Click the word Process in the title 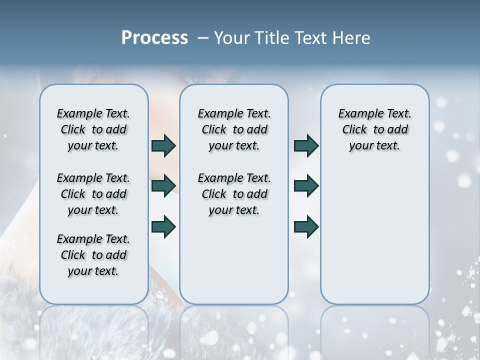pos(154,37)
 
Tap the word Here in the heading pos(352,38)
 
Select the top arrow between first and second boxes pos(163,146)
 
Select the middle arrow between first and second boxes pos(163,186)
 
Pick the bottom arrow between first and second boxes pos(163,227)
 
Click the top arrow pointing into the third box pos(306,146)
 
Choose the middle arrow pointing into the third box pos(306,186)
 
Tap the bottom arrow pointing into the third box pos(306,227)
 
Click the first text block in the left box pos(93,129)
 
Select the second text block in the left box pos(93,194)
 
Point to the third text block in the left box pos(93,255)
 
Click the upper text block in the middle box pos(234,129)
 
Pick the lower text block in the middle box pos(234,194)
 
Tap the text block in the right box pos(374,129)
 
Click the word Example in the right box pos(359,114)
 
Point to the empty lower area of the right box pos(374,235)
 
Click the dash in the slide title pos(203,38)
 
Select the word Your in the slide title pos(231,38)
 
